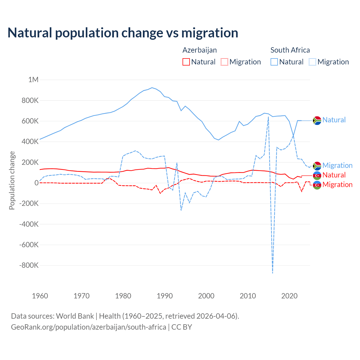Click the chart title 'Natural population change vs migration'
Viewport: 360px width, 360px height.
click(123, 33)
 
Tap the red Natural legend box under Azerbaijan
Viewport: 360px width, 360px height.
click(186, 62)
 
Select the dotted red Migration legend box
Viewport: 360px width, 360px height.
click(224, 62)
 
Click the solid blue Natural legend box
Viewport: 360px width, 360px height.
click(274, 62)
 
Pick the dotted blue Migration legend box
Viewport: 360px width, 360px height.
click(312, 62)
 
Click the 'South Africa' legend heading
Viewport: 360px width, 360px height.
click(290, 50)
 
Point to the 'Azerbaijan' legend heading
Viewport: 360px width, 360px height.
click(200, 50)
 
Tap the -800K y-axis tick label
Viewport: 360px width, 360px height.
click(29, 265)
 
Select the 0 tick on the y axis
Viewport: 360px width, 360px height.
click(36, 183)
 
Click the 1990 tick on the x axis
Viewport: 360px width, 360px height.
click(165, 296)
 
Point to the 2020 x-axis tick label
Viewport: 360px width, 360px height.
click(289, 296)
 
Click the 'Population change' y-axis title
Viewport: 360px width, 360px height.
click(12, 181)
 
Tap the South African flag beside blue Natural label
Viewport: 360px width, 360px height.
click(317, 120)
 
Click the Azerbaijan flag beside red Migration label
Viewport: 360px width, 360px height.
click(317, 185)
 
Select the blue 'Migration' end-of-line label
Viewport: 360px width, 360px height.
click(337, 165)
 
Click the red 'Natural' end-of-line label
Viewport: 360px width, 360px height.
click(334, 175)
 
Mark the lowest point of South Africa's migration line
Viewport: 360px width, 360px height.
click(273, 273)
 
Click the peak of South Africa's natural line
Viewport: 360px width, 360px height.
click(152, 88)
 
